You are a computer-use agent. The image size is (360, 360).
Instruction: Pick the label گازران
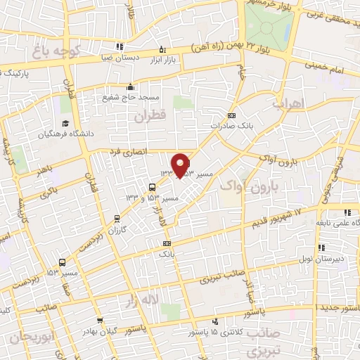point(117,229)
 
